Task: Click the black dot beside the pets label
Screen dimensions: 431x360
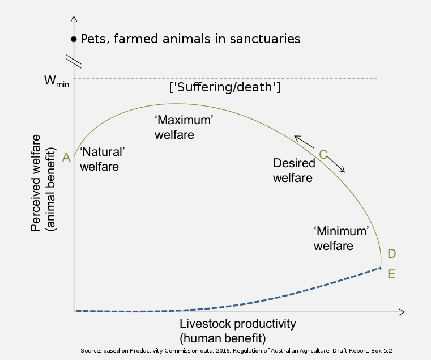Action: pos(74,39)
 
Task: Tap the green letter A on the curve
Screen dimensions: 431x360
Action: pos(66,158)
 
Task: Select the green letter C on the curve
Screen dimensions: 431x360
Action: pos(323,154)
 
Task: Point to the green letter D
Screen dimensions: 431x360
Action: pos(392,253)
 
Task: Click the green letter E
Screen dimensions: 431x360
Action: pos(391,274)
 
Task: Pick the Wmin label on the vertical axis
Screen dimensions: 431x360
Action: pos(57,81)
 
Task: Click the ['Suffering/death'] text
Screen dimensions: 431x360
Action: pos(225,87)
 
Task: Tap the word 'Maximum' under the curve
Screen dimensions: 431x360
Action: pos(184,120)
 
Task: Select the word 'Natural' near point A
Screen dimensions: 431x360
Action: pos(103,151)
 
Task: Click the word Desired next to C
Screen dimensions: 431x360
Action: pos(294,163)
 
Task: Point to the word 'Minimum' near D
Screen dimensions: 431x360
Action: pos(342,231)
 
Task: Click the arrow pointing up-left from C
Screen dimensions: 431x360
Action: pos(304,142)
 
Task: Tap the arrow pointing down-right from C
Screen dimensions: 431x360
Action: pos(336,164)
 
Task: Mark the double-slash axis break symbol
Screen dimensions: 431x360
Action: pos(74,61)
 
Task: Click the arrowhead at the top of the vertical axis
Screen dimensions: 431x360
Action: pos(74,19)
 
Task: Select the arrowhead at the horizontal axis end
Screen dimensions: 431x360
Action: pos(402,312)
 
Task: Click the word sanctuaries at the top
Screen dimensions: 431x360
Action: pos(265,39)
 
